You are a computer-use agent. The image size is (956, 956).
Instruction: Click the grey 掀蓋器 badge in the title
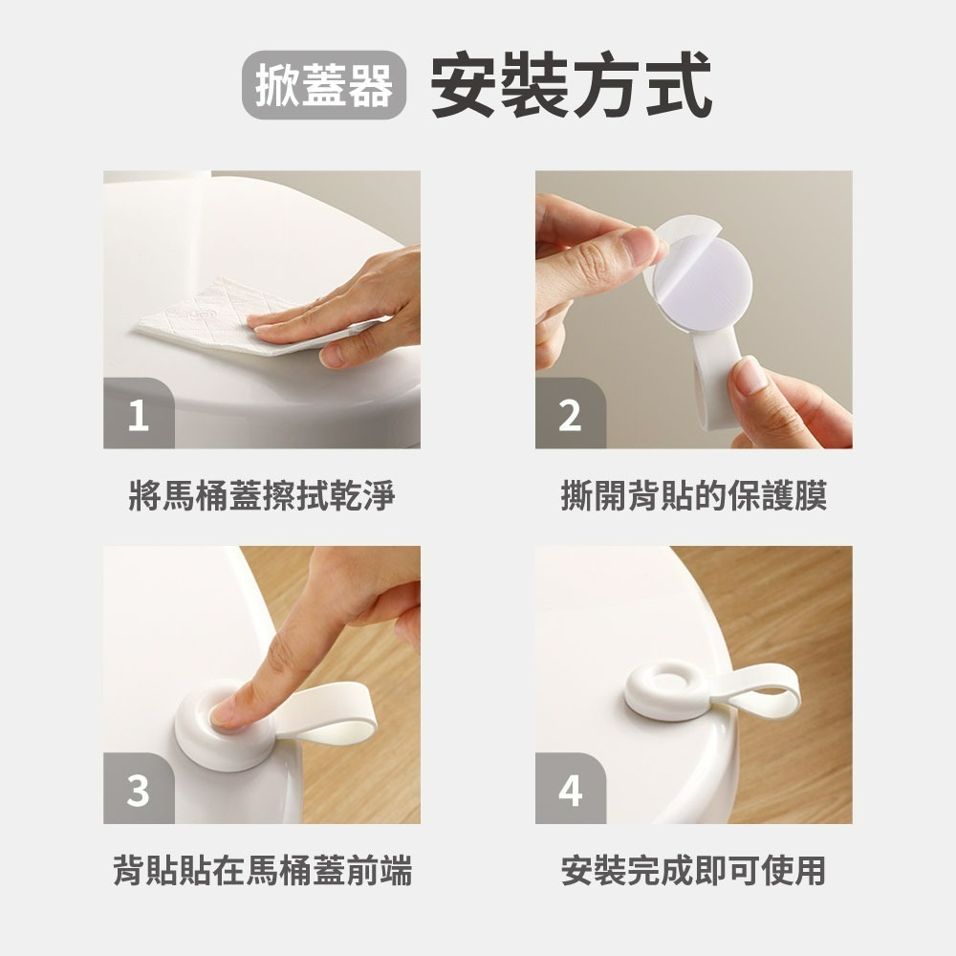[323, 85]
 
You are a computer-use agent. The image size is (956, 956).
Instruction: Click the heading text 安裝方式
[572, 85]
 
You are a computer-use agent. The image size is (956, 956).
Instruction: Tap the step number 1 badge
[139, 416]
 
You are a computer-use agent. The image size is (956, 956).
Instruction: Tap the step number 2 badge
[570, 416]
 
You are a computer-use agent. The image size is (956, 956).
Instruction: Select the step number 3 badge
[139, 791]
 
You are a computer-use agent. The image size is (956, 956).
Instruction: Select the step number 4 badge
[570, 791]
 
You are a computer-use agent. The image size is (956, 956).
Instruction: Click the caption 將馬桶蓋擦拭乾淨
[261, 496]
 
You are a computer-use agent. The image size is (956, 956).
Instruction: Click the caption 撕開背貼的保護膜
[693, 496]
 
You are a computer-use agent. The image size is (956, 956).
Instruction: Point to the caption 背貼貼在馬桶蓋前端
[261, 871]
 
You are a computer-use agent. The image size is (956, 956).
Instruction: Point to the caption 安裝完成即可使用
[693, 871]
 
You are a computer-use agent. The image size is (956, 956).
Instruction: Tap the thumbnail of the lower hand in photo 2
[752, 374]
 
